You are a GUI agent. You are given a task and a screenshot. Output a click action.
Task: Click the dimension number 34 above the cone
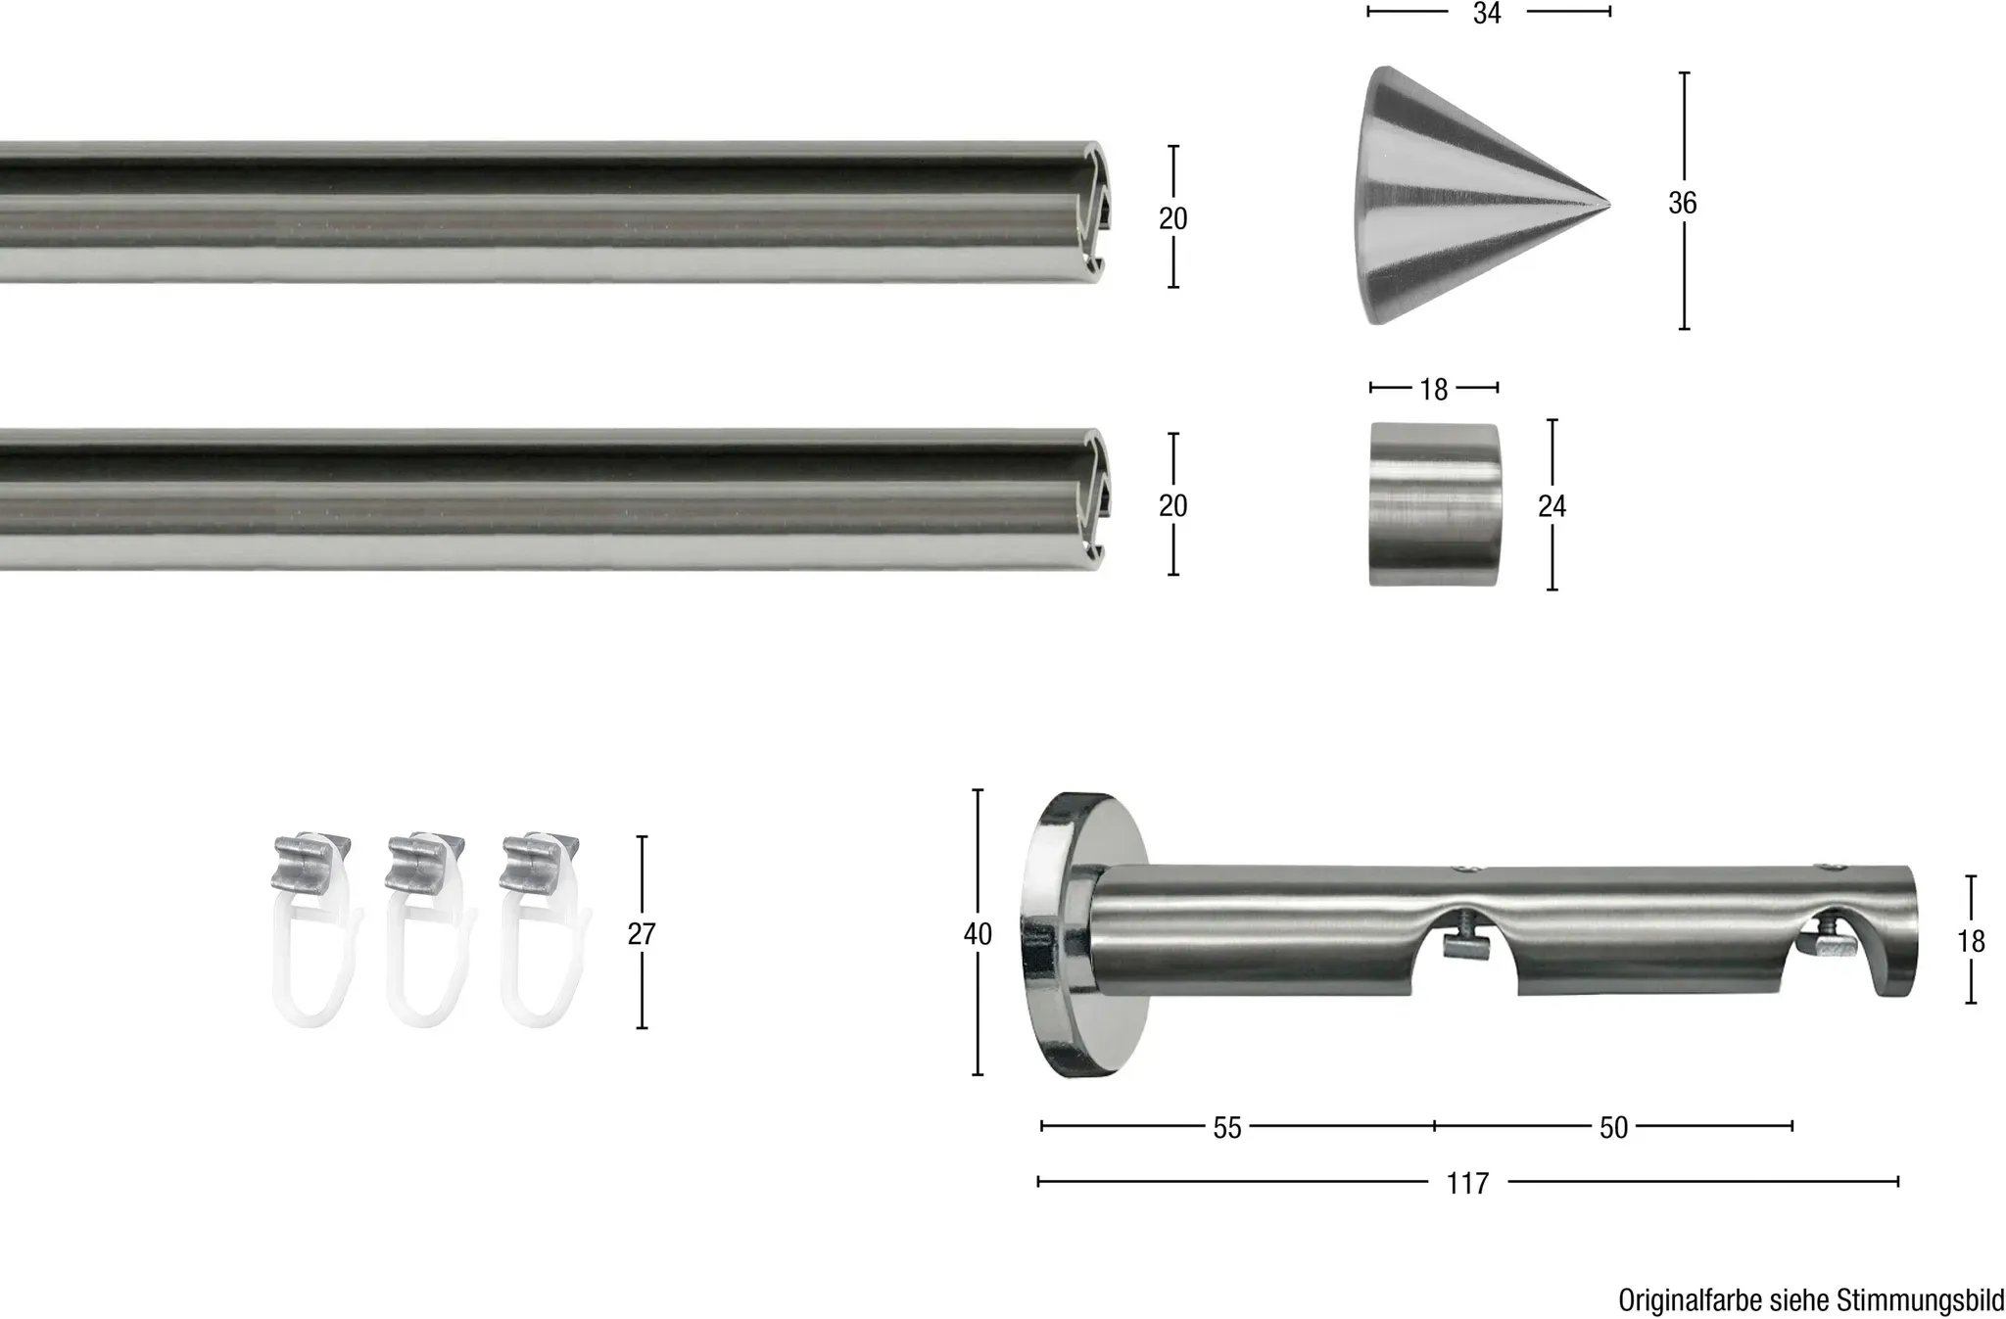point(1487,13)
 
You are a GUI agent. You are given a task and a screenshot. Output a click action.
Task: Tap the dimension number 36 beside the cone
point(1682,203)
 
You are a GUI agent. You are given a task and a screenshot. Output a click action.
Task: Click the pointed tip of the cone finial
point(1609,205)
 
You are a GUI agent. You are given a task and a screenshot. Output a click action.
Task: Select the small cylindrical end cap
point(1434,504)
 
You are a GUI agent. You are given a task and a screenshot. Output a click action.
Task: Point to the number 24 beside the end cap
point(1552,505)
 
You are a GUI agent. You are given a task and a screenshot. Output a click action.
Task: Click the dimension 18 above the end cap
point(1433,390)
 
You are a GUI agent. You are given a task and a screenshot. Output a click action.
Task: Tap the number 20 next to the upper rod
point(1172,218)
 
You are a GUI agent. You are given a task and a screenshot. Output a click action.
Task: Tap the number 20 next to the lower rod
point(1172,505)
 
